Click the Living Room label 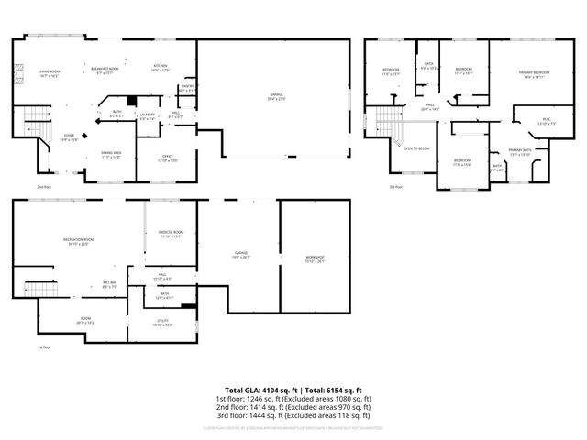tap(48, 73)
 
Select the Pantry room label tap(185, 88)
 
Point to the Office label tap(168, 158)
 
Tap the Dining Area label tap(112, 155)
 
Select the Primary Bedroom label tap(535, 73)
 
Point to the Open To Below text tap(417, 148)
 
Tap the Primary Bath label tap(520, 152)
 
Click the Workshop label tap(315, 258)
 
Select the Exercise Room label tap(172, 234)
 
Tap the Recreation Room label tap(77, 241)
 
